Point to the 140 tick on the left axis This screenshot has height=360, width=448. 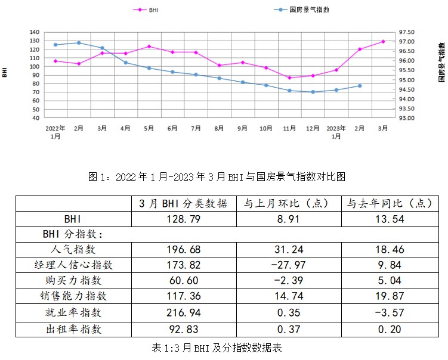(34, 32)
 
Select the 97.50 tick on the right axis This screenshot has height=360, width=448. (407, 32)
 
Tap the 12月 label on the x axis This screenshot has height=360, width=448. (313, 128)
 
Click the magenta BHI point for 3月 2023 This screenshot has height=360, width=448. (383, 42)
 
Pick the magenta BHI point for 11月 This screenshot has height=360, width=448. (289, 77)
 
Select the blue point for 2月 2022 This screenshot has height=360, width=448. (79, 43)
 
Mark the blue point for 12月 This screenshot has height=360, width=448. (313, 92)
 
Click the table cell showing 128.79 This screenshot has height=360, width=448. (184, 219)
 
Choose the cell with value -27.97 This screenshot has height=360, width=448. (289, 265)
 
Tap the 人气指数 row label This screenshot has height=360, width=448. (74, 250)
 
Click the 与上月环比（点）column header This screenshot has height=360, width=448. (289, 203)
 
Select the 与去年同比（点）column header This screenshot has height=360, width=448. (390, 203)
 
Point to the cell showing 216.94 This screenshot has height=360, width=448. (184, 311)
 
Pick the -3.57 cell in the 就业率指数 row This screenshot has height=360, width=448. (390, 311)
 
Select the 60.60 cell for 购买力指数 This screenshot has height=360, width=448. (184, 280)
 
